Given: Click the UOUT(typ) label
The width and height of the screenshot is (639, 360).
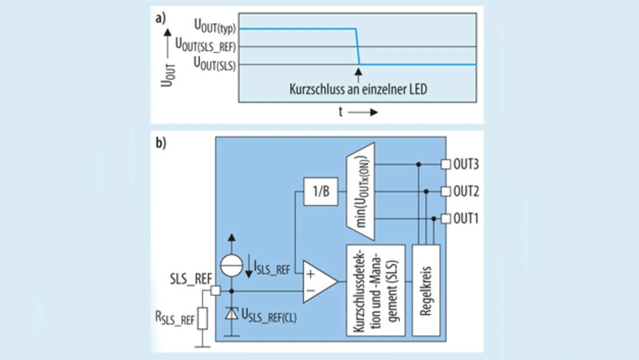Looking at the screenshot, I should (x=214, y=26).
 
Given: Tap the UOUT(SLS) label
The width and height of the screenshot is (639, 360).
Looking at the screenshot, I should (x=215, y=64).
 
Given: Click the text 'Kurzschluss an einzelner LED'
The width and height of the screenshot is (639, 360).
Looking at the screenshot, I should (x=358, y=90).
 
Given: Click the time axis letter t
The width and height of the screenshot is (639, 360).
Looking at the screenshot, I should (x=340, y=112).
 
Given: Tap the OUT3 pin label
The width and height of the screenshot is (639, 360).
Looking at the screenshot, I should (x=466, y=164).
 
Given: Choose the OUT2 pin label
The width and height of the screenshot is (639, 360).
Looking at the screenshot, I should (x=466, y=191).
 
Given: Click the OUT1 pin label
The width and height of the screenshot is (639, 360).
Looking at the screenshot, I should (x=466, y=218).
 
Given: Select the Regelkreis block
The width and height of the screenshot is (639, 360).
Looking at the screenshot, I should (x=426, y=290).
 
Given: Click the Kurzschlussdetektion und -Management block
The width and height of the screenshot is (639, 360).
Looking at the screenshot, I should (x=375, y=290).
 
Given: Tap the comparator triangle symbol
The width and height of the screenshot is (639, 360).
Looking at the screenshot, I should (x=318, y=282).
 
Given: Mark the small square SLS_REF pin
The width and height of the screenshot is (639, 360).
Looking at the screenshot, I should (x=215, y=291).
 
